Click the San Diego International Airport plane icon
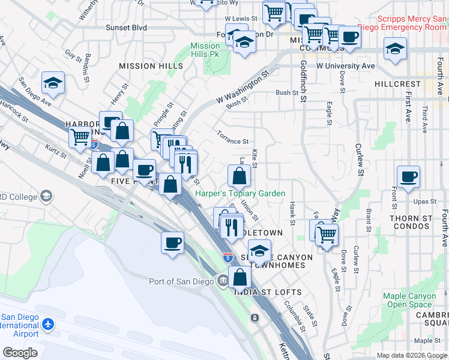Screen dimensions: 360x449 click(x=48, y=325)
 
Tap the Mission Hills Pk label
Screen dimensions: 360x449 click(x=205, y=50)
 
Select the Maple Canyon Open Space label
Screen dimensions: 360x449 click(x=409, y=300)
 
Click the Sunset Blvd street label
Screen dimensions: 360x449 click(x=126, y=28)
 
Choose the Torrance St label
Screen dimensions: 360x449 click(x=233, y=137)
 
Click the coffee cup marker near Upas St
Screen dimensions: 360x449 click(x=408, y=177)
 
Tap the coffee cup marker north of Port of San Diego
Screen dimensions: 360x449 click(x=172, y=243)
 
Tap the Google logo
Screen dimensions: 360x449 click(x=20, y=353)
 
